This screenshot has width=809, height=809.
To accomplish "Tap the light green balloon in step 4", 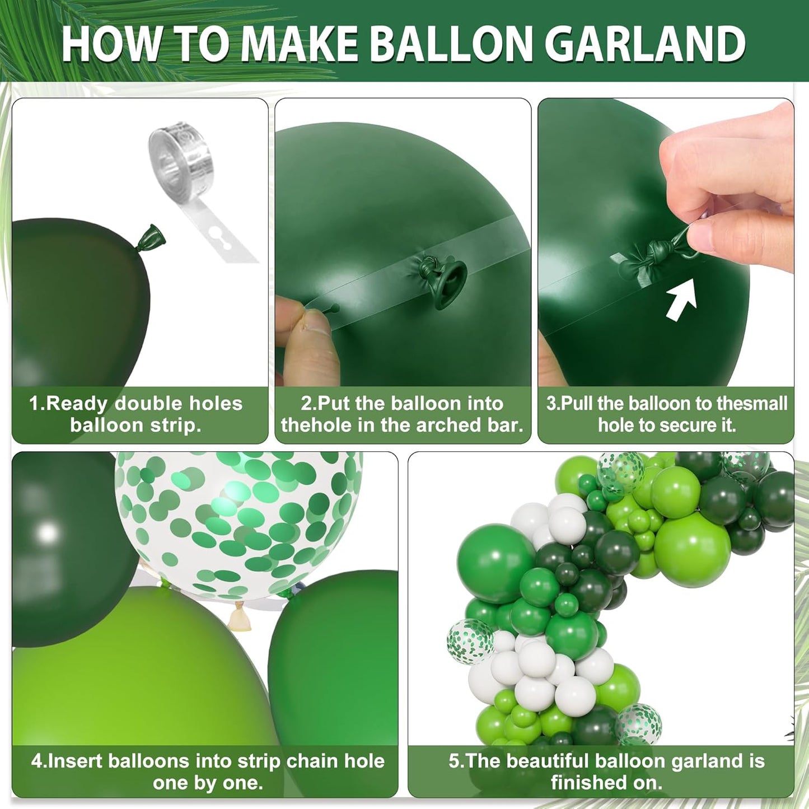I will (134, 672).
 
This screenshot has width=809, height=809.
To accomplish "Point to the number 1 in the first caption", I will (34, 403).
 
